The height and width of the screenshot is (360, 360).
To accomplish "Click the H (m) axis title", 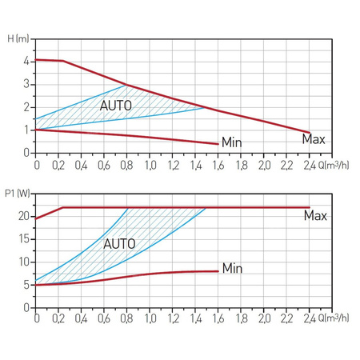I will (x=17, y=38).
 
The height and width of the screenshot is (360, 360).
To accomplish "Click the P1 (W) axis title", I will (x=16, y=193).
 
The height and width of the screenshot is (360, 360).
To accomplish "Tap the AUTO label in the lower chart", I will (x=120, y=243).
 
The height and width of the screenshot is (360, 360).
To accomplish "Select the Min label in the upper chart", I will (x=231, y=142).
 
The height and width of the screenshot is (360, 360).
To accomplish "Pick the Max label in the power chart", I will (x=315, y=216).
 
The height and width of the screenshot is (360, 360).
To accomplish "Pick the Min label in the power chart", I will (x=232, y=267).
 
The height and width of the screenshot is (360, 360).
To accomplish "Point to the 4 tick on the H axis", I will (x=26, y=61).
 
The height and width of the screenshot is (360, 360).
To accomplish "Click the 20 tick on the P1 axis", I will (x=24, y=216).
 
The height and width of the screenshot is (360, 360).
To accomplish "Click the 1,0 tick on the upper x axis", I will (x=150, y=164).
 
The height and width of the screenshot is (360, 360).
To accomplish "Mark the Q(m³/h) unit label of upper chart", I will (x=332, y=164).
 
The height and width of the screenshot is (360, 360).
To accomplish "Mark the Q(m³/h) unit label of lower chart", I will (x=332, y=318).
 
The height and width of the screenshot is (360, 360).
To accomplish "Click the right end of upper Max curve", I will (x=310, y=132).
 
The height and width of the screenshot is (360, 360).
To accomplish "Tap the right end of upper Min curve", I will (x=218, y=144).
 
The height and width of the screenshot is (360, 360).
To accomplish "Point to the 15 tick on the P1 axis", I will (x=24, y=239).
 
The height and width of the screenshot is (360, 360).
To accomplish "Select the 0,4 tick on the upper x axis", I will (x=82, y=164).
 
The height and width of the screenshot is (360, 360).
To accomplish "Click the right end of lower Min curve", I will (x=218, y=271).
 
